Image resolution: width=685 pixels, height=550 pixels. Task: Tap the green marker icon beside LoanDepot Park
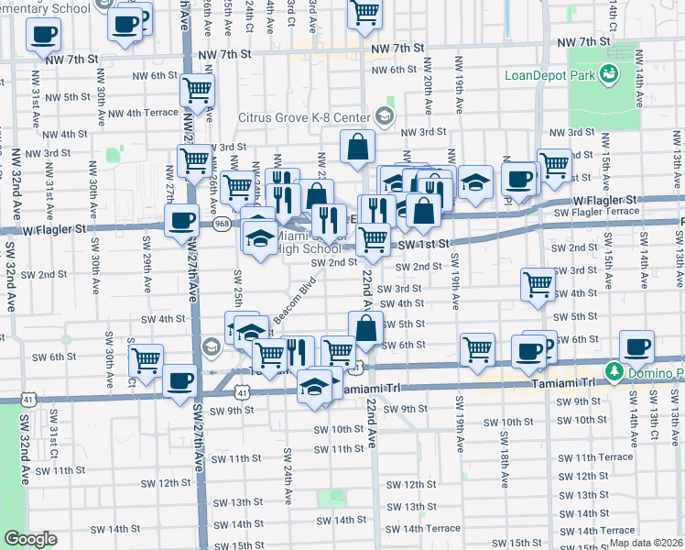pos(605,76)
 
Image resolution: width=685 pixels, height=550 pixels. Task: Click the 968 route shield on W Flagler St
pos(221,223)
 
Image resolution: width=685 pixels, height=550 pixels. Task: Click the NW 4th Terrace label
pos(135,113)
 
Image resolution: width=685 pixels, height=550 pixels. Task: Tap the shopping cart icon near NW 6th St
pos(197,90)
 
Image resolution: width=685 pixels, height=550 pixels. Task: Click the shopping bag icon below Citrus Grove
pos(357,144)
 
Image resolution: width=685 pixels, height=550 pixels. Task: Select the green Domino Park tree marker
pos(615,371)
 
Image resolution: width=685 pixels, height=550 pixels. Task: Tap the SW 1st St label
pos(422,244)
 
